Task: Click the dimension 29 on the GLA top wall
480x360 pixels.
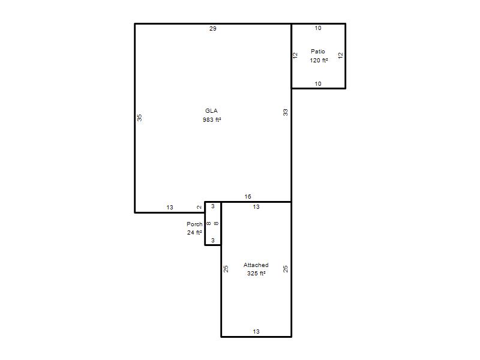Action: (x=213, y=28)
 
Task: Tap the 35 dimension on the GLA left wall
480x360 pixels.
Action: (x=140, y=118)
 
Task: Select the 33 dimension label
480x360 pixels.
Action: (x=286, y=112)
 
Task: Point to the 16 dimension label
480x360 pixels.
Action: (x=248, y=197)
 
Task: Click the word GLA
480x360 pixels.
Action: (x=212, y=111)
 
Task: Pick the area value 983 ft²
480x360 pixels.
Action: (x=212, y=119)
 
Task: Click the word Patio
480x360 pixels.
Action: (x=318, y=52)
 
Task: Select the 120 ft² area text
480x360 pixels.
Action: (x=319, y=61)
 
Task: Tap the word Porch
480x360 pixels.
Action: (x=194, y=224)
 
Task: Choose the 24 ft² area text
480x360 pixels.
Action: (x=194, y=233)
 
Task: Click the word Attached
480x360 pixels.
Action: (x=256, y=265)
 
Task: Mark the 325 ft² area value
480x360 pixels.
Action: (x=256, y=274)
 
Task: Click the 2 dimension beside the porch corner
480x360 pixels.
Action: (x=199, y=207)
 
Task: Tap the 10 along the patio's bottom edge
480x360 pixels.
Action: (x=318, y=83)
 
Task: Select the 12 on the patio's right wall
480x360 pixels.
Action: (x=340, y=55)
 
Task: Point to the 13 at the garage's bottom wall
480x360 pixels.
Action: (x=256, y=332)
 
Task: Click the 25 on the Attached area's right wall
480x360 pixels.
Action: (x=286, y=269)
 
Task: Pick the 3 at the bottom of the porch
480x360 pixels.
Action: (x=213, y=241)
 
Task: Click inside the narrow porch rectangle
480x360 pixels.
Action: (x=213, y=223)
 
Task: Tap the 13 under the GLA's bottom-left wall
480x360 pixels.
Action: (x=170, y=208)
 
